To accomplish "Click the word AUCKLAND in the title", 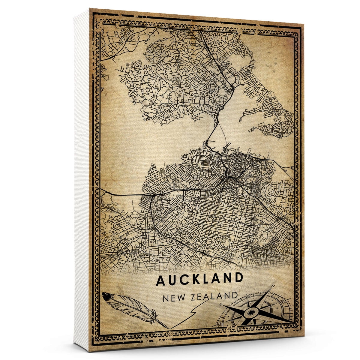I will point(199,279).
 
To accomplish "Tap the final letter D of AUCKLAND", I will point(239,278).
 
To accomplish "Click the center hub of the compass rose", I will point(250,313).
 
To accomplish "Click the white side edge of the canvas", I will point(82,180).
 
